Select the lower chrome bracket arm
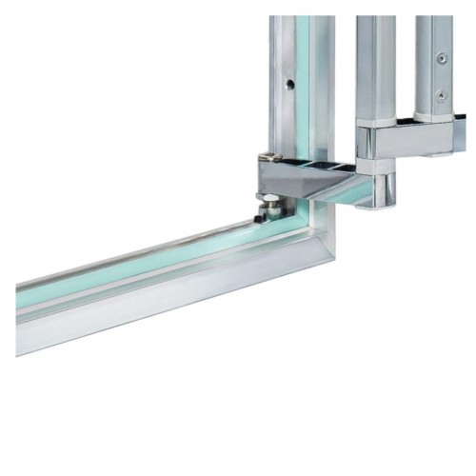point(314,177)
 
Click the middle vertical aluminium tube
point(371,67)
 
